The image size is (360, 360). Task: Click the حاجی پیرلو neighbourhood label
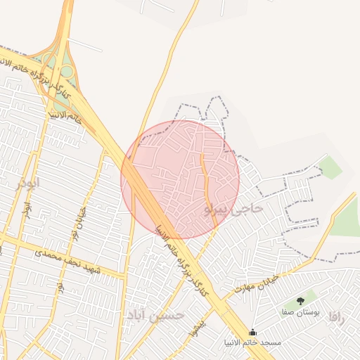point(233,209)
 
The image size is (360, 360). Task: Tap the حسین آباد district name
point(153,314)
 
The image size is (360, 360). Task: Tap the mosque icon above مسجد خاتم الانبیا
point(252,332)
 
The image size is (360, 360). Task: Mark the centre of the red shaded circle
point(180,179)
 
